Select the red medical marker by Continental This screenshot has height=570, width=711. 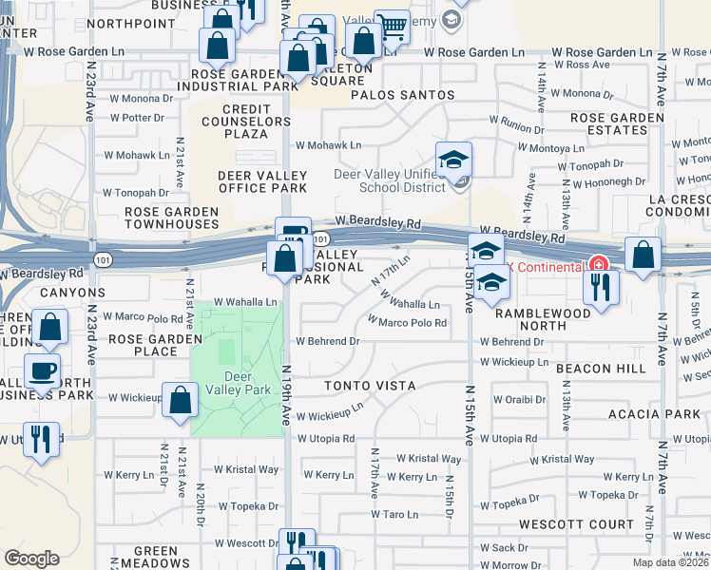598,265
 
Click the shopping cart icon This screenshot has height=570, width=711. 391,28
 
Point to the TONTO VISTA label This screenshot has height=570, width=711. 370,386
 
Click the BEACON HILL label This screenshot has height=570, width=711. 616,368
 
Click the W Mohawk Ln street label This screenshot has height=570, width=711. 328,145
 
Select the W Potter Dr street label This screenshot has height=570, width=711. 137,118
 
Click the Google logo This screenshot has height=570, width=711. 31,559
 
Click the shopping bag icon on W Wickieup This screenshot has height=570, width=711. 180,400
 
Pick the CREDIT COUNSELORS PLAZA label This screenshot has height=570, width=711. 245,122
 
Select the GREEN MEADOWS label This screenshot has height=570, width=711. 156,557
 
